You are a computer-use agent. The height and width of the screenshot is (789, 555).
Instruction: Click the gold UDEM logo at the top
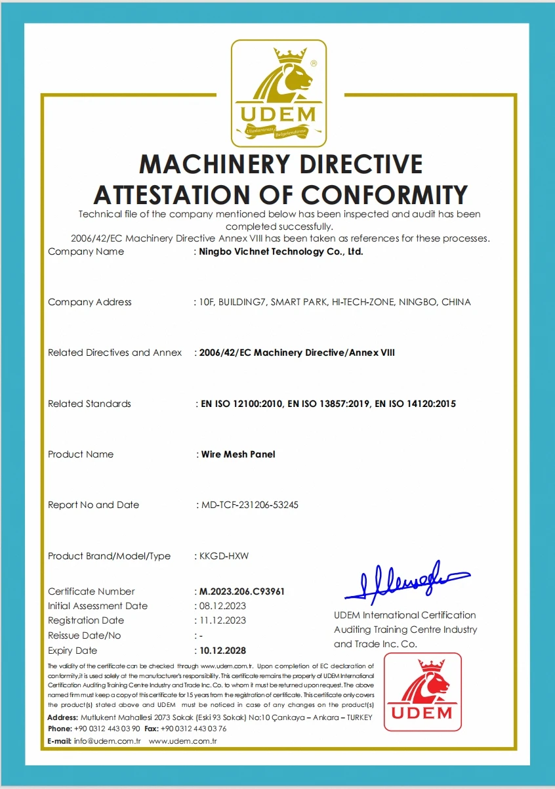click(x=278, y=93)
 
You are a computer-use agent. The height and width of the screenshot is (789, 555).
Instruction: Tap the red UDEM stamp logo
click(x=422, y=691)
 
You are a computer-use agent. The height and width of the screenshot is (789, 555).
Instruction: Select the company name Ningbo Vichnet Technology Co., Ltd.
click(x=281, y=251)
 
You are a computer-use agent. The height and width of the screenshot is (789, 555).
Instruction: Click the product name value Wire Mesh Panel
click(x=237, y=454)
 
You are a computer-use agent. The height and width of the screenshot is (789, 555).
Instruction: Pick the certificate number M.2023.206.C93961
click(x=242, y=591)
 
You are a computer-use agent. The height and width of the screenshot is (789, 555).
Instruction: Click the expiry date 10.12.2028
click(x=222, y=650)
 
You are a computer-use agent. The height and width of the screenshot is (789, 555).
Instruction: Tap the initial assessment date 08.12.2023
click(x=222, y=606)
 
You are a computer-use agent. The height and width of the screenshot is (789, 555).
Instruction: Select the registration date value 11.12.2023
click(x=222, y=620)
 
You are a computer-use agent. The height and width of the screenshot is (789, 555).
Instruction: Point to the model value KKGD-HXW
click(x=224, y=556)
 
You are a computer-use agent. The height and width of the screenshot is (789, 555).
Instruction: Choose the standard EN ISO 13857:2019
click(x=328, y=404)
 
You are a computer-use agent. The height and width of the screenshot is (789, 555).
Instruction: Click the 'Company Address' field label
click(x=90, y=302)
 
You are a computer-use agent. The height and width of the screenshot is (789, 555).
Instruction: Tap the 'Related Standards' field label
click(x=89, y=404)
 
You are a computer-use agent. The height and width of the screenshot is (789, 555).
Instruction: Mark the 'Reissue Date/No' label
click(x=85, y=635)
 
